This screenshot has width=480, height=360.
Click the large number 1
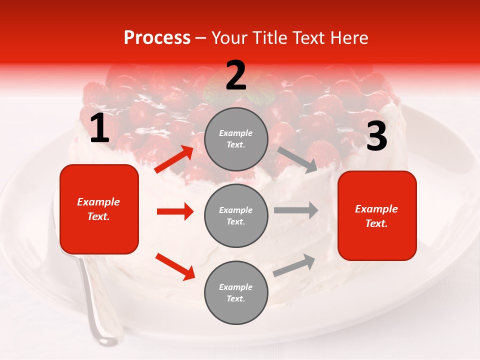pyautogui.click(x=99, y=128)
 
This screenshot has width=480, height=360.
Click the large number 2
pyautogui.click(x=236, y=76)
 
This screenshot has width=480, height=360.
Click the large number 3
pyautogui.click(x=376, y=136)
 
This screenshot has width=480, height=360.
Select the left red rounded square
pyautogui.click(x=99, y=209)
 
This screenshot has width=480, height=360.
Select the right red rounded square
pyautogui.click(x=377, y=215)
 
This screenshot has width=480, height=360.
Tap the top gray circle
pyautogui.click(x=236, y=138)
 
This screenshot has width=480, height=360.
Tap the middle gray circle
pyautogui.click(x=236, y=215)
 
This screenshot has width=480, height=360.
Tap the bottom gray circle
pyautogui.click(x=236, y=292)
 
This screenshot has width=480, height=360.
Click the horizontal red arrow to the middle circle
pyautogui.click(x=175, y=211)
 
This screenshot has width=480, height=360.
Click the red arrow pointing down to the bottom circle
pyautogui.click(x=175, y=266)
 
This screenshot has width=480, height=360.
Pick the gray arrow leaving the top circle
pyautogui.click(x=297, y=159)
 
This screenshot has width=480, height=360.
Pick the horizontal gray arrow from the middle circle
pyautogui.click(x=295, y=210)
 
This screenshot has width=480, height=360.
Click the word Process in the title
pyautogui.click(x=157, y=37)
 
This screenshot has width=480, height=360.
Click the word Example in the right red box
pyautogui.click(x=376, y=209)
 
